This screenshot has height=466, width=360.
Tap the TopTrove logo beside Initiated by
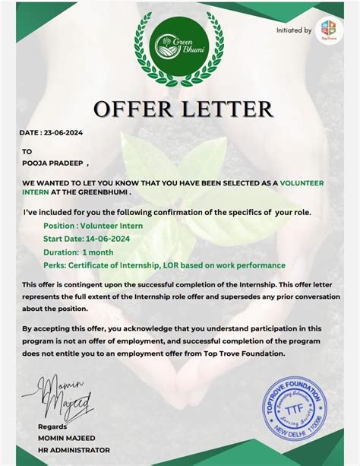[x=329, y=30]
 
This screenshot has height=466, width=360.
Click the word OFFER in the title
[x=134, y=109]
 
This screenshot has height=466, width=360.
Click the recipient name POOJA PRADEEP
[x=53, y=162]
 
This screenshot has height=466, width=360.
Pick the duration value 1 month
[x=98, y=252]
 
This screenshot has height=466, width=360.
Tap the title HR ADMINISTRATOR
[x=74, y=450]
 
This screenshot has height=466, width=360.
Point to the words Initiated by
[x=293, y=30]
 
